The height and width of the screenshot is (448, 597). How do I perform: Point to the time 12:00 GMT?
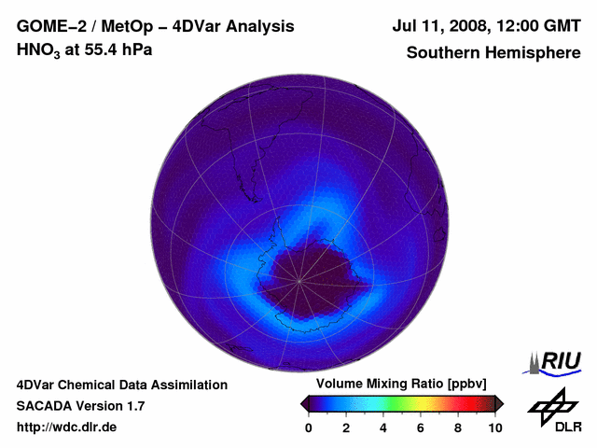(541, 26)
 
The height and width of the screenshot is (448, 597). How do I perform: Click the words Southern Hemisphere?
(493, 52)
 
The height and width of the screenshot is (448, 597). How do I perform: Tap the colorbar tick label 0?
(309, 427)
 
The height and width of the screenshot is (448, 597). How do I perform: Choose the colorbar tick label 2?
(346, 427)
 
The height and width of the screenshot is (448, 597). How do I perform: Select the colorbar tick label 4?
(383, 427)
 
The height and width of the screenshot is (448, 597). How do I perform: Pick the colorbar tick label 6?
(421, 427)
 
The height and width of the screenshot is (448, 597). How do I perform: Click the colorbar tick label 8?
(458, 427)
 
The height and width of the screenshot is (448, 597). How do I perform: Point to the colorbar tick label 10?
(494, 427)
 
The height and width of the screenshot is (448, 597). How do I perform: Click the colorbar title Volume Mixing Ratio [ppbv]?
(396, 384)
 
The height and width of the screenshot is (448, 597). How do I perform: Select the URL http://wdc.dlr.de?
(67, 427)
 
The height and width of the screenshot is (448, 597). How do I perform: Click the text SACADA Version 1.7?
(80, 406)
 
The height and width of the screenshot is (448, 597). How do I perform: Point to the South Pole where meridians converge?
(300, 279)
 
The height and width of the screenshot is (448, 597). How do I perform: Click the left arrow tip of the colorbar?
(302, 403)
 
